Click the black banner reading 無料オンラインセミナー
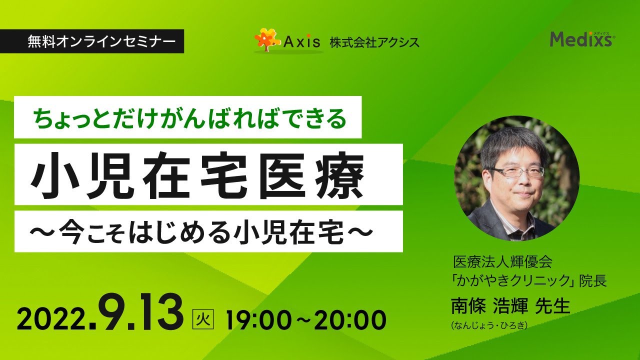point(91,41)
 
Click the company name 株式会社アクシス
point(374,42)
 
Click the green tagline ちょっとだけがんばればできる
point(189,118)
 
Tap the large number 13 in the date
point(159,313)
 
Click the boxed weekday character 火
point(203,319)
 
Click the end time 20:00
point(350,320)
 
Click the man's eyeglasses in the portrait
point(517,171)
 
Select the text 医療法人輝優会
point(502,262)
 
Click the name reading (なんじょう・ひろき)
point(489,325)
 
